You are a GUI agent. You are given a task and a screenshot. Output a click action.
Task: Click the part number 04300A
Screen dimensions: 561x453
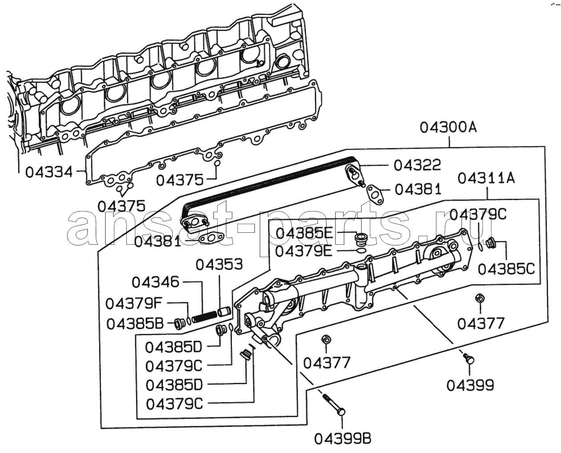448,127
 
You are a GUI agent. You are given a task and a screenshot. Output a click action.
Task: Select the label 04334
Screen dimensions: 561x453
49,172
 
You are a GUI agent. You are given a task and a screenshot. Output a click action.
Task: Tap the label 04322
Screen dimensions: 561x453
417,166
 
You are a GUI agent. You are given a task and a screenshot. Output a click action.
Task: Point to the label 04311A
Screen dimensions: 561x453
486,178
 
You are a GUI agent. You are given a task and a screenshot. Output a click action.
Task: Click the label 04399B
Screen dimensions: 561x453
343,439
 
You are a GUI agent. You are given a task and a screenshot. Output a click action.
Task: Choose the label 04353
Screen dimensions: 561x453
219,264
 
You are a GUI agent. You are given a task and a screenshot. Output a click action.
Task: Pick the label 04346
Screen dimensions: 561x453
155,282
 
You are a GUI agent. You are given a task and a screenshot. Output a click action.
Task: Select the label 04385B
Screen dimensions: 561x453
135,324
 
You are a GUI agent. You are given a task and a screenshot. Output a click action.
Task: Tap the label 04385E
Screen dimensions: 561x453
305,233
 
